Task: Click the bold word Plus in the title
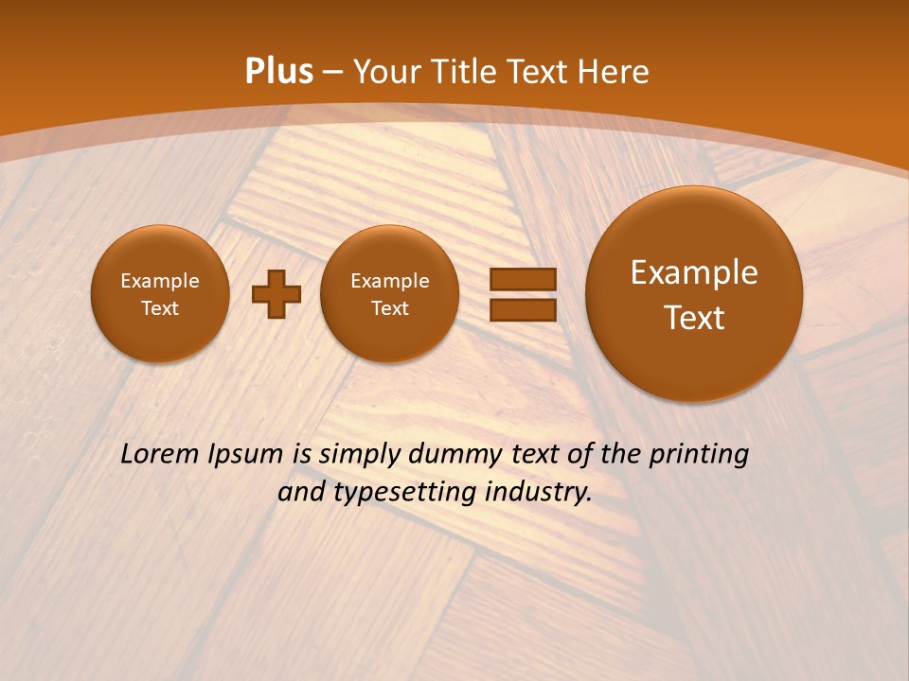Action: point(278,72)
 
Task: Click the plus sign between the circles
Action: point(276,293)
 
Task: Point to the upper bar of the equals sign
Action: point(523,279)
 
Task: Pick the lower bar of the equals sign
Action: point(523,309)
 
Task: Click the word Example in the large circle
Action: point(694,272)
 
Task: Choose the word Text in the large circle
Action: point(694,318)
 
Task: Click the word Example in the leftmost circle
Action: point(160,281)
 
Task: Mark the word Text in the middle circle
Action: point(389,308)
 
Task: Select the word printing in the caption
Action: point(701,454)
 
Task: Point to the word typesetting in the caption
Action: point(409,493)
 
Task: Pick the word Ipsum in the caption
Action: point(245,454)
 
